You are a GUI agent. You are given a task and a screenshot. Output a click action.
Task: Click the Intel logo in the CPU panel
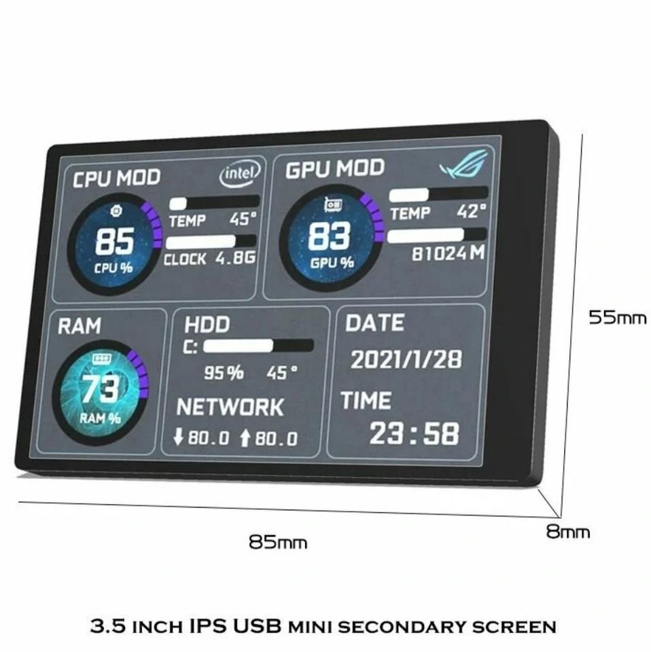(x=240, y=174)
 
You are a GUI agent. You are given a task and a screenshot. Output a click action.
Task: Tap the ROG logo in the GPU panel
(x=463, y=164)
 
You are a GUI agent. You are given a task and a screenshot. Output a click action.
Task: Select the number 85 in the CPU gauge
(x=114, y=241)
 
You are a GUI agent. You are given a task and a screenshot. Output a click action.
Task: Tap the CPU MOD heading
(x=116, y=179)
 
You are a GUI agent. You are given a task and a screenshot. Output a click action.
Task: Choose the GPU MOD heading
(x=334, y=169)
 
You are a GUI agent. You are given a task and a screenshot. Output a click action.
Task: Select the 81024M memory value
(x=448, y=253)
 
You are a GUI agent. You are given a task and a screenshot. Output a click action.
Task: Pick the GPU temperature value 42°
(x=471, y=212)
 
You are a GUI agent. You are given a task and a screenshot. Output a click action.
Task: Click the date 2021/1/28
(x=406, y=359)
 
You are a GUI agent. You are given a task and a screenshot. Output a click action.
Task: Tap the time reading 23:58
(x=414, y=433)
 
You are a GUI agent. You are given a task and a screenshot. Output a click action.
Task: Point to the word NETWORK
(x=230, y=407)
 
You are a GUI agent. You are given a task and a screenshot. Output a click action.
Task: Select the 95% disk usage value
(x=224, y=372)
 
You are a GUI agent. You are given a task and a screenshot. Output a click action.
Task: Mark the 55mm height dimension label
(x=617, y=316)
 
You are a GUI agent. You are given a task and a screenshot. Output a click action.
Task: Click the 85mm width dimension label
(x=277, y=542)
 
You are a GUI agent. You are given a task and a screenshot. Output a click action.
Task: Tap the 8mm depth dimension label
(x=568, y=532)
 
